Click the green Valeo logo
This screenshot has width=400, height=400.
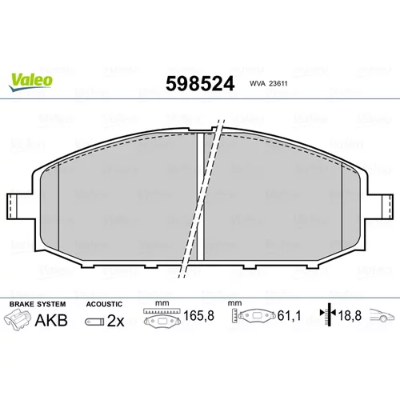(x=30, y=82)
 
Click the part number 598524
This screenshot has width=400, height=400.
(x=200, y=84)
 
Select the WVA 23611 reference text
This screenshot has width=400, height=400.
(x=269, y=83)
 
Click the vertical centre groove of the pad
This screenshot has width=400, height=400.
(x=200, y=196)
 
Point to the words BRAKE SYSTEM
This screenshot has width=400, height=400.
(x=38, y=304)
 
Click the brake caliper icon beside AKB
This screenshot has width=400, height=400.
(x=18, y=320)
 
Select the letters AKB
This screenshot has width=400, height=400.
(x=51, y=320)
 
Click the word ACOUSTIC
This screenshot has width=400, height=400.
(x=104, y=304)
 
